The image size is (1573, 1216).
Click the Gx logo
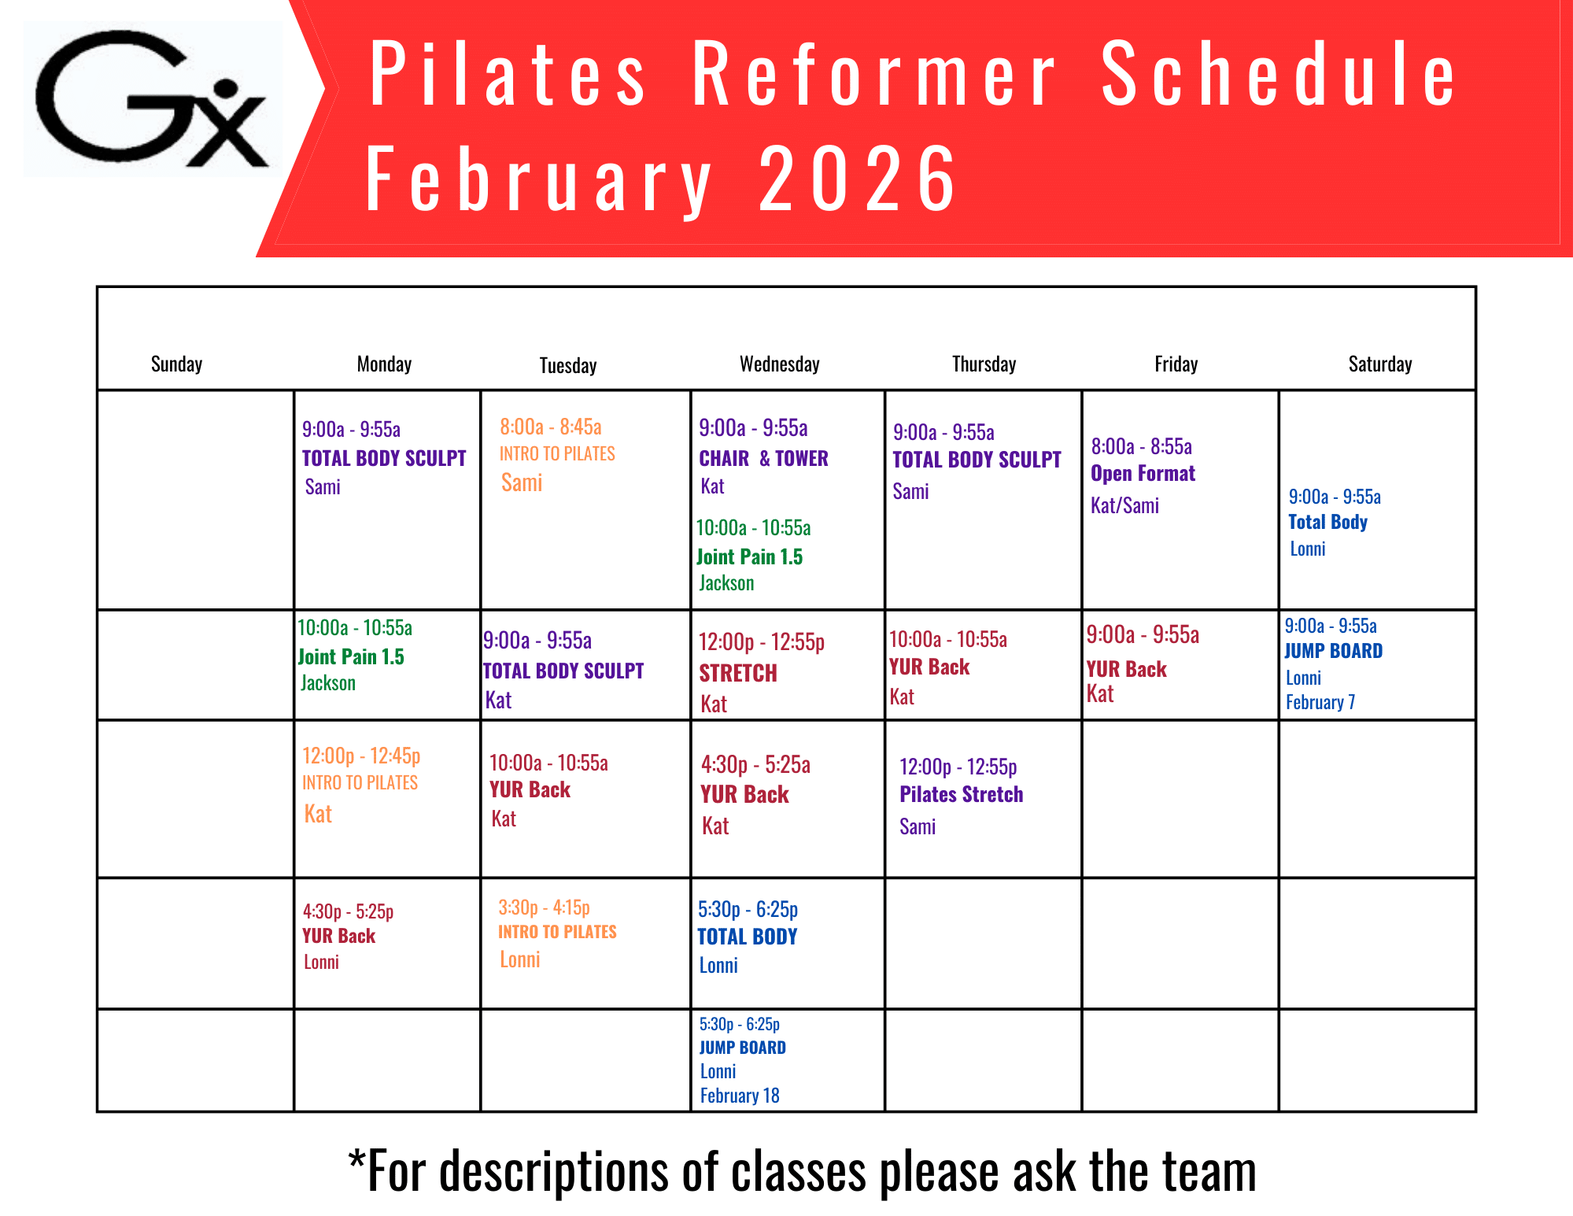(x=152, y=98)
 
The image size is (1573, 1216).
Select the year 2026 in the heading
(x=858, y=179)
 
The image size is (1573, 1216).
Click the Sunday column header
(x=176, y=364)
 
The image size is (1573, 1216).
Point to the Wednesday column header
(x=779, y=364)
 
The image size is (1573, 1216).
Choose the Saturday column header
(x=1380, y=364)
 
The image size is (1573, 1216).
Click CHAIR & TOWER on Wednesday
(x=763, y=458)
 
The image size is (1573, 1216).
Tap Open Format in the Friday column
(x=1143, y=474)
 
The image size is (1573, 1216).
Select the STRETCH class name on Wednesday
(x=738, y=673)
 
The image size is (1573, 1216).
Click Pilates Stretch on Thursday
(x=961, y=794)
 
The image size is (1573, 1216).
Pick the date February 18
(x=740, y=1096)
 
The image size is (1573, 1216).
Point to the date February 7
(x=1320, y=702)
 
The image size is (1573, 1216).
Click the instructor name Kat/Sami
(x=1124, y=505)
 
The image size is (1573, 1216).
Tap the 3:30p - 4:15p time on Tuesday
(x=544, y=907)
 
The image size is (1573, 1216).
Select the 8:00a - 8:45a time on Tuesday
(x=551, y=427)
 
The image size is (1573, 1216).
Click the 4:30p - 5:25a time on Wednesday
(x=755, y=764)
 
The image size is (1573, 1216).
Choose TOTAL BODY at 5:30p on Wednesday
(x=748, y=937)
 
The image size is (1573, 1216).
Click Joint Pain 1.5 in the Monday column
(x=351, y=657)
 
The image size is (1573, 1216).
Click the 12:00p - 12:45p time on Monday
(x=361, y=756)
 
